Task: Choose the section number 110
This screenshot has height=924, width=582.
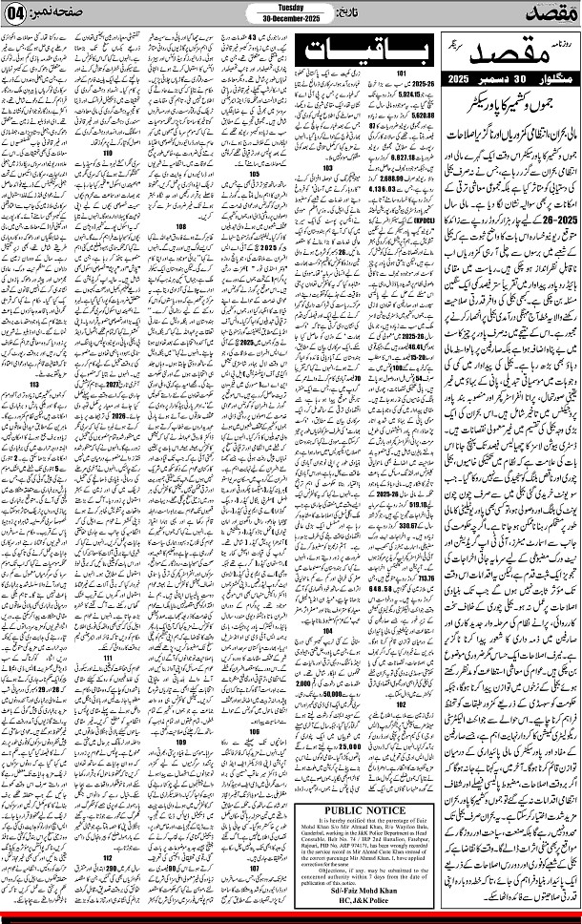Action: [x=107, y=152]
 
